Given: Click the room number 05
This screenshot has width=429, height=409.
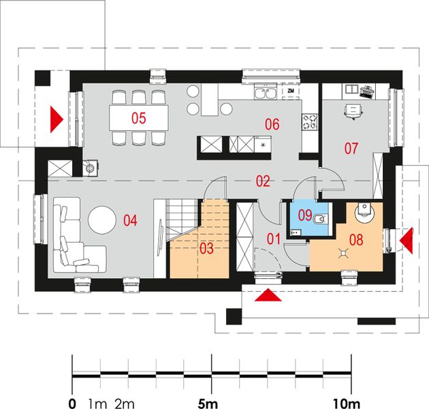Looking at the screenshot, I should (139, 118).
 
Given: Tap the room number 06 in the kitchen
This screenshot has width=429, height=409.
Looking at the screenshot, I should (272, 124).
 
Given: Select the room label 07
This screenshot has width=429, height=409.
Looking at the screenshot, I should (351, 147).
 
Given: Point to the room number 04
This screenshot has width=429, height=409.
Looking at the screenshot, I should (130, 220).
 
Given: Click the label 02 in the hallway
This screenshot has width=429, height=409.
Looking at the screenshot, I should (263, 181).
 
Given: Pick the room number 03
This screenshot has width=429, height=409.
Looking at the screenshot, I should (206, 249).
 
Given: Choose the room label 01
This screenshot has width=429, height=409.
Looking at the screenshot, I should (273, 239).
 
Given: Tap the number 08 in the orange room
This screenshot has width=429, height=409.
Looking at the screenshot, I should (357, 239).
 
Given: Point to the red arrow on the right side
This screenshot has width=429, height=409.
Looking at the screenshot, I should (407, 239).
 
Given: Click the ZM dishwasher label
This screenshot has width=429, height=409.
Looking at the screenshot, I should (290, 91).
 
